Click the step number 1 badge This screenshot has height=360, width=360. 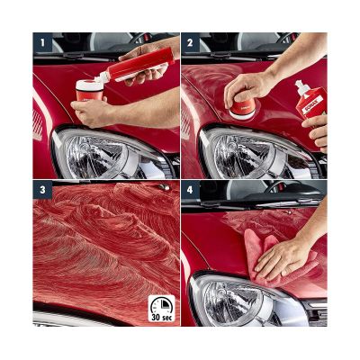[41, 41]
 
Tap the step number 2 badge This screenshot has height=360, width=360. [190, 41]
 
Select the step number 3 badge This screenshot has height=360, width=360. [41, 190]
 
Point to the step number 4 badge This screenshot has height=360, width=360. [190, 190]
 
